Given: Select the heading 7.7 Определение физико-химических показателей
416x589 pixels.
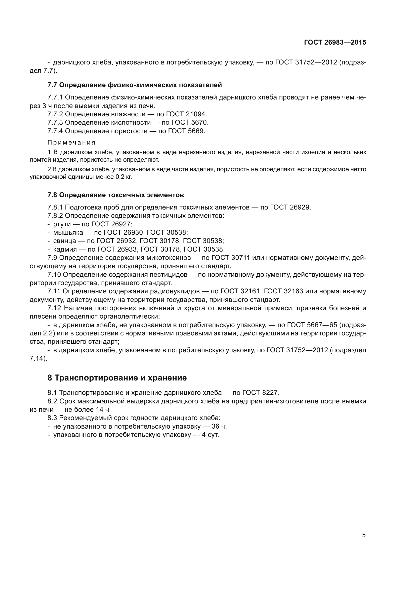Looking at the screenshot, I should click(135, 85).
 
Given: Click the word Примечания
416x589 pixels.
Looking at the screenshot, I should click(71, 143).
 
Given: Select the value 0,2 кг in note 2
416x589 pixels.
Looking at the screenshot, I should click(124, 177).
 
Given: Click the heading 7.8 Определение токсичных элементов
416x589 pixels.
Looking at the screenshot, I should click(115, 195).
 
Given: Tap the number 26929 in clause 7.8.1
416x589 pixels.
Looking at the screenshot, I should click(300, 207).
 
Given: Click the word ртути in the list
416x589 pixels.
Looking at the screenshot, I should click(62, 224).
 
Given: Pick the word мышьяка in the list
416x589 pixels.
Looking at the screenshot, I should click(68, 233).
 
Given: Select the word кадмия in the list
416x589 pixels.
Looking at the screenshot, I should click(65, 249).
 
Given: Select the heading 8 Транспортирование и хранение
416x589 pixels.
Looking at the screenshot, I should click(117, 378).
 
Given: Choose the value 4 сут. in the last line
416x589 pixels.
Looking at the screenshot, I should click(210, 435).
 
